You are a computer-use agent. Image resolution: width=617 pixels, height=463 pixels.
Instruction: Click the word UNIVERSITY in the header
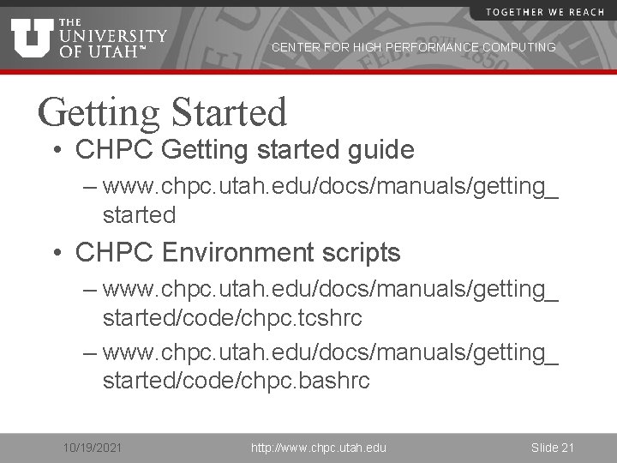(113, 36)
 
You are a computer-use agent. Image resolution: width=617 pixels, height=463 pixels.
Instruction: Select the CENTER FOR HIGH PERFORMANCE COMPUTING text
(413, 48)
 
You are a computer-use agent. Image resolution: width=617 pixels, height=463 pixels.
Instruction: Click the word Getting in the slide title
(99, 112)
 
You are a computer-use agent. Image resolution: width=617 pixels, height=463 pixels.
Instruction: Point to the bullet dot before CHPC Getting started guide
(57, 151)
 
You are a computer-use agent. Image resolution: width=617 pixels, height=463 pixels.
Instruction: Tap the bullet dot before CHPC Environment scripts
(57, 254)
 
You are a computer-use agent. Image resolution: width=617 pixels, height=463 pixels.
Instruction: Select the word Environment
(237, 253)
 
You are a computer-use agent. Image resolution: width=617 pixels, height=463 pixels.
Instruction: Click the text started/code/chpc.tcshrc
(232, 318)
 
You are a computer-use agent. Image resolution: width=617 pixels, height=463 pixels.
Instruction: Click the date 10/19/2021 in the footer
(93, 448)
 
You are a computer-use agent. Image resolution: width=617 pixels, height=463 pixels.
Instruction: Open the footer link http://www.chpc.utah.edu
(318, 448)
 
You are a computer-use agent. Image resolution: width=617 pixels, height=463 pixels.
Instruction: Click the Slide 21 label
(552, 448)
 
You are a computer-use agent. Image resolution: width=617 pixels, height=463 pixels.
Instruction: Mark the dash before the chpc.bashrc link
(89, 352)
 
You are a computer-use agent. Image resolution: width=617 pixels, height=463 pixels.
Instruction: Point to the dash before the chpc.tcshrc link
(89, 289)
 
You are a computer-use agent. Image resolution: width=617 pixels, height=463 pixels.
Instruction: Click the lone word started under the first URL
(139, 214)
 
